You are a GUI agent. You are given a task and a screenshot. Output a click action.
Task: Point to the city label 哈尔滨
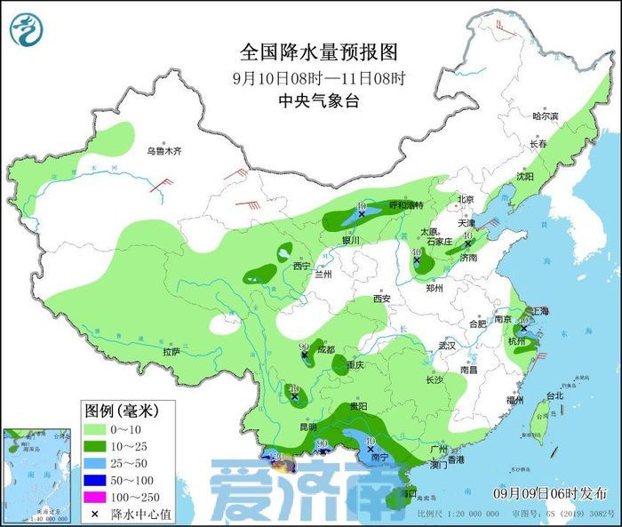pos(545,116)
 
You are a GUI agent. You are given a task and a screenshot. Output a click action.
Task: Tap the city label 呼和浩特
pos(407,205)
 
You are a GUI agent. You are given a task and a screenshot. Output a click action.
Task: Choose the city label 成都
pos(326,349)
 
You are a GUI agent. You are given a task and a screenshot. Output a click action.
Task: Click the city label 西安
pos(382,299)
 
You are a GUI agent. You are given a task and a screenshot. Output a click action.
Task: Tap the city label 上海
pos(538,312)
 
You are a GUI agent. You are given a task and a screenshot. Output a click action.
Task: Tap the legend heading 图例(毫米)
pos(121,411)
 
